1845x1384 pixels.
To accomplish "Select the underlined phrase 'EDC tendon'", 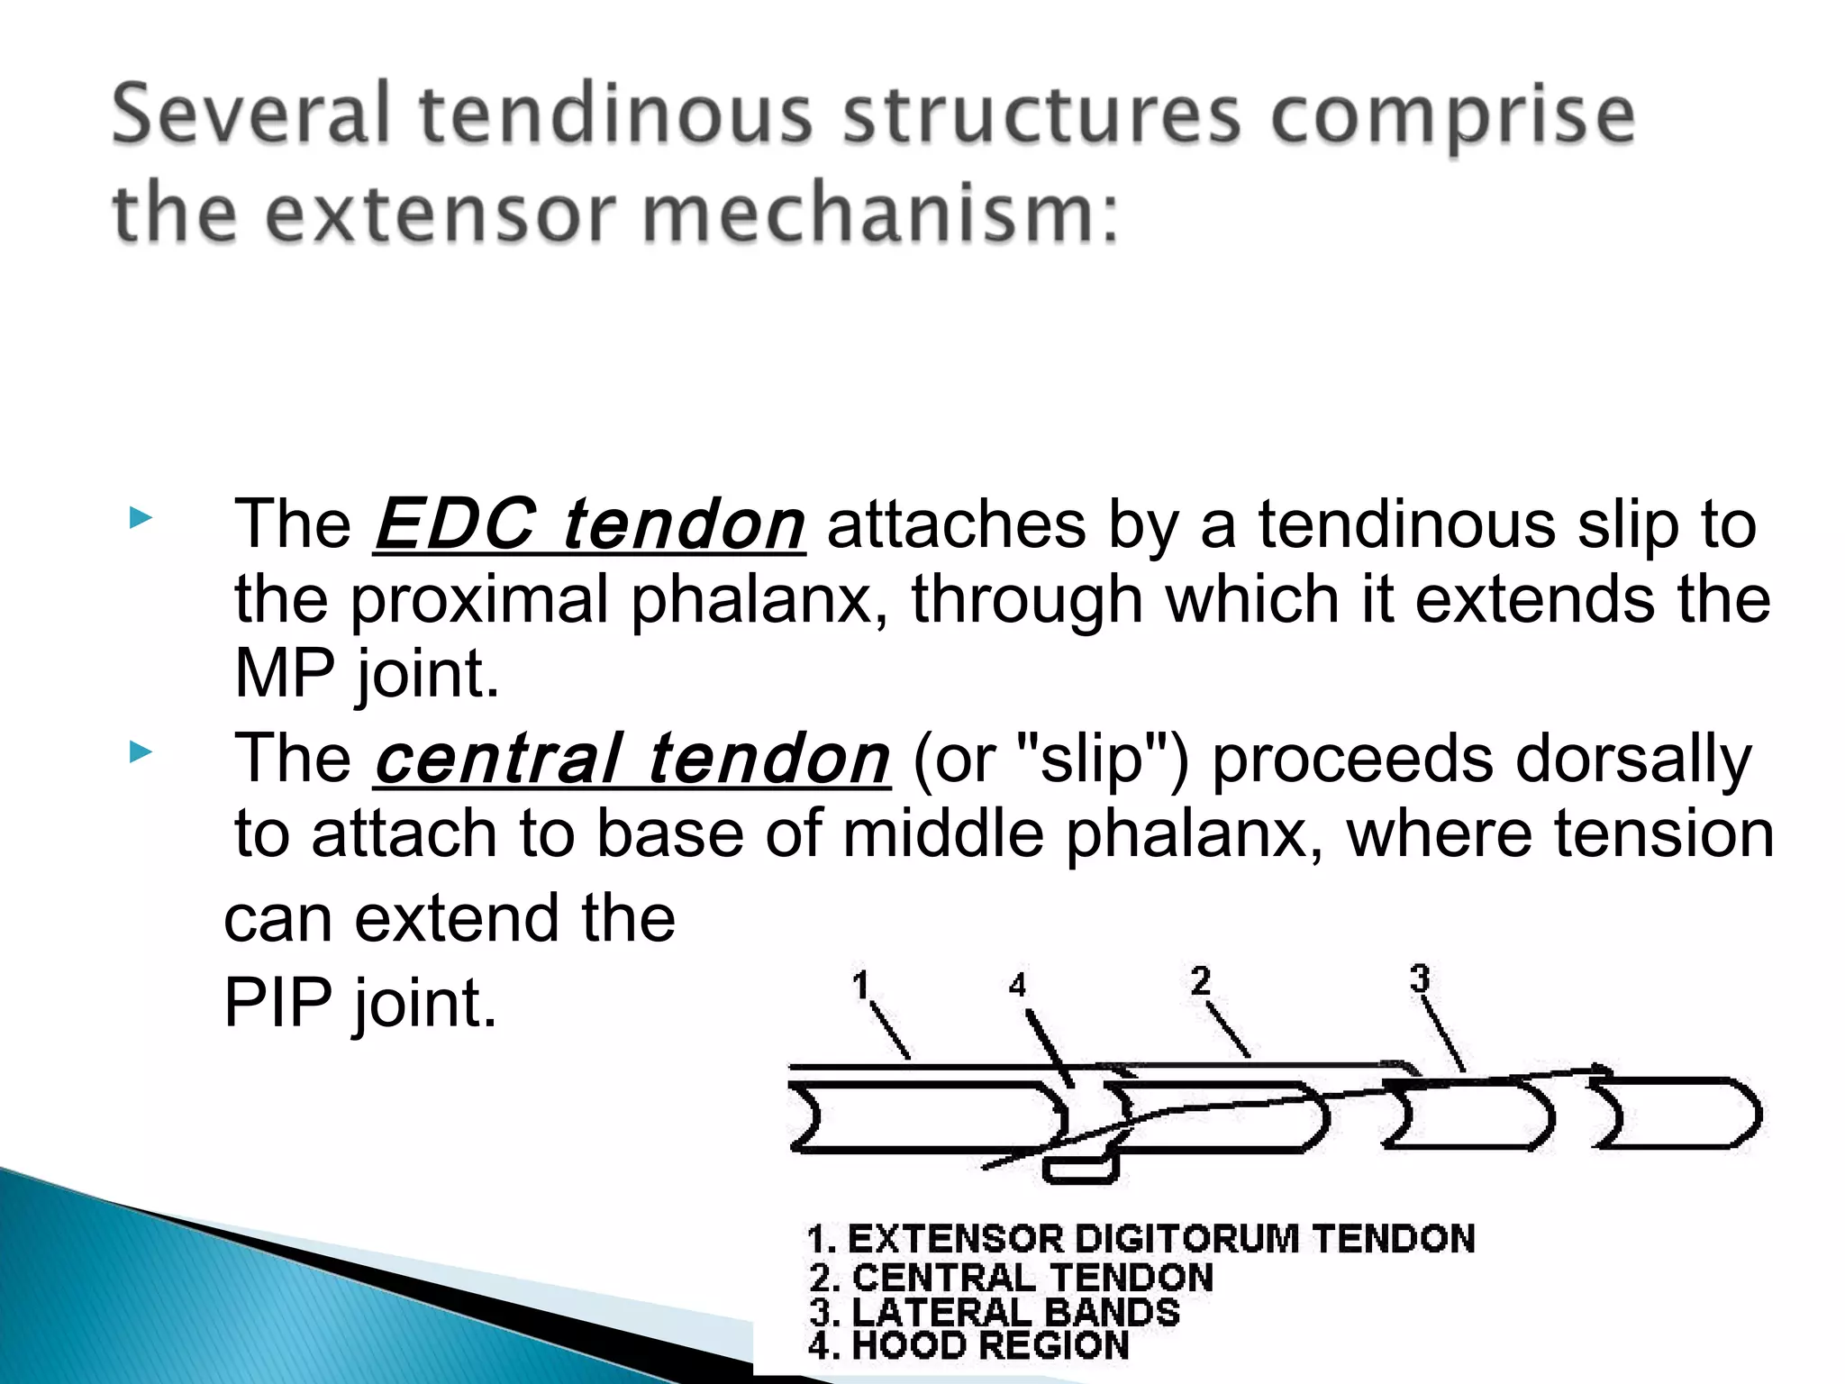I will tap(589, 524).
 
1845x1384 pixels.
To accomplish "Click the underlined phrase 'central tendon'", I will tap(632, 760).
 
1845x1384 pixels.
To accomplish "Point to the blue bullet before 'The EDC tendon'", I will tap(140, 518).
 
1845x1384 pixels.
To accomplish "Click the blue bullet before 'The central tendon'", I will tap(140, 752).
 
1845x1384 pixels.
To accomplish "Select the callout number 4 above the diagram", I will tap(1017, 985).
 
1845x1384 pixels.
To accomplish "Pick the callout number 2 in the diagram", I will tap(1200, 980).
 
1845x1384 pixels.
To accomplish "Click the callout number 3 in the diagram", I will tap(1420, 978).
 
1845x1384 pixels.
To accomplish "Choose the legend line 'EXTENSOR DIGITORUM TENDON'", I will tap(1141, 1240).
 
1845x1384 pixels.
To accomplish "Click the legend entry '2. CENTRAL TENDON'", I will tap(1011, 1279).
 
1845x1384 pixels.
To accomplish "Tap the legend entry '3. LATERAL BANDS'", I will tap(994, 1313).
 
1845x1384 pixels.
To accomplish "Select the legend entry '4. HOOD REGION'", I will tap(968, 1346).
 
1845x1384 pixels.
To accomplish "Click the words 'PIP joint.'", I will tap(360, 1003).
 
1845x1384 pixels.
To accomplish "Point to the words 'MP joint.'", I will tap(367, 674).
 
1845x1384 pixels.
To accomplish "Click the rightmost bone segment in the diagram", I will tap(1676, 1114).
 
